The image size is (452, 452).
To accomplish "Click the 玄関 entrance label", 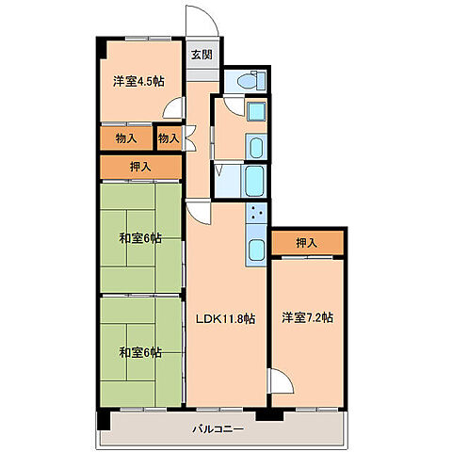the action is [202, 55].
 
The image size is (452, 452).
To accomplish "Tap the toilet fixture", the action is [251, 81].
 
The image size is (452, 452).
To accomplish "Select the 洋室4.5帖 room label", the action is [138, 82].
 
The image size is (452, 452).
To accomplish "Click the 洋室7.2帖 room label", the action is [307, 317].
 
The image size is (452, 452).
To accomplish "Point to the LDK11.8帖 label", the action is [225, 319].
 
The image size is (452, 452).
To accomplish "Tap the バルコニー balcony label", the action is [218, 428].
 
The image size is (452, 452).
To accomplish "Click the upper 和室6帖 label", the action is [140, 238].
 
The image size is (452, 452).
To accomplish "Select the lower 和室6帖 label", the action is [140, 352].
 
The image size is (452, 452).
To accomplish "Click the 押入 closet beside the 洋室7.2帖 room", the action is [307, 243].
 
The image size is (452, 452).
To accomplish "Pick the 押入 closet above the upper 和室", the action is [141, 167].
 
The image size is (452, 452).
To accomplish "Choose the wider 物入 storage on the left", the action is [126, 138].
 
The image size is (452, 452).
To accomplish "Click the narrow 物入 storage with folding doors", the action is [169, 138].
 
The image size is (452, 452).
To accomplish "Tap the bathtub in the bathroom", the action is [254, 181].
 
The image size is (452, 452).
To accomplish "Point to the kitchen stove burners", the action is [256, 213].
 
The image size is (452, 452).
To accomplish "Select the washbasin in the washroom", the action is [256, 147].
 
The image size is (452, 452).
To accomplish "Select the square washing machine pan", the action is [257, 112].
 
